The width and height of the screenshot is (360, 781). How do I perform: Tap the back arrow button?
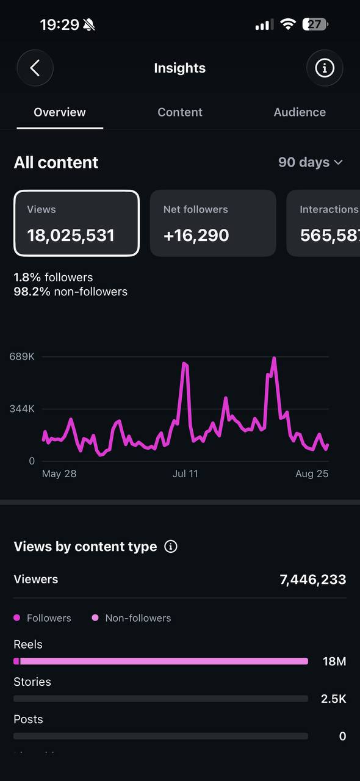[x=35, y=68]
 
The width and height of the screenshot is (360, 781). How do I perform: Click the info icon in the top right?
[x=325, y=68]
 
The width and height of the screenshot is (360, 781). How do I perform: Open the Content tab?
[x=179, y=112]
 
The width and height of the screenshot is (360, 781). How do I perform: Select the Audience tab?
[x=300, y=112]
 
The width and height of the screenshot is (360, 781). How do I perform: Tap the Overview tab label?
[x=60, y=112]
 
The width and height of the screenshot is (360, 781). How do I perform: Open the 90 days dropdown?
[x=311, y=162]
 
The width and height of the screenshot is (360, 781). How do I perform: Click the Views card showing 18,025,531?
[x=76, y=223]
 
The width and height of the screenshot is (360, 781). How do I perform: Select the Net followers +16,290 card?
[x=213, y=223]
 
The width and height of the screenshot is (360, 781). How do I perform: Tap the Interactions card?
[x=323, y=223]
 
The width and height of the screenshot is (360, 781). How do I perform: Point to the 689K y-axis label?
[x=22, y=356]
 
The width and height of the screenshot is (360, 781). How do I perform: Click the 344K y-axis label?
[x=22, y=409]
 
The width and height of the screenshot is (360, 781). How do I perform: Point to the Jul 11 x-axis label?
[x=185, y=473]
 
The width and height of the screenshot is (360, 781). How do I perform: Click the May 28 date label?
[x=59, y=473]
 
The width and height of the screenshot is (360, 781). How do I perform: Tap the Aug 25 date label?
[x=312, y=473]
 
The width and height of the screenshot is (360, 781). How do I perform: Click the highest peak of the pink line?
[x=274, y=358]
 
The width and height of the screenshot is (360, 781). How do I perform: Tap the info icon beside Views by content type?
[x=171, y=546]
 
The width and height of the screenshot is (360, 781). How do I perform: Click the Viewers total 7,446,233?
[x=313, y=580]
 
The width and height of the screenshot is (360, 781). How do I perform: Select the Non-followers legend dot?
[x=95, y=618]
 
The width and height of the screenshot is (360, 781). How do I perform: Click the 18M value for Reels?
[x=334, y=661]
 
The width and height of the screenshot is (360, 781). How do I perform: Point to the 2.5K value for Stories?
[x=334, y=699]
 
